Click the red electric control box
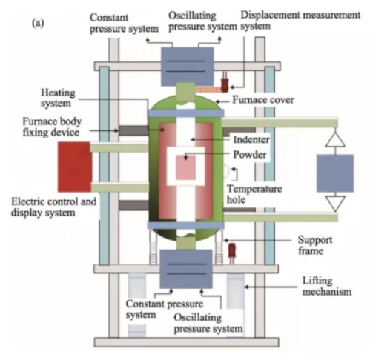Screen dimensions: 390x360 [74, 167]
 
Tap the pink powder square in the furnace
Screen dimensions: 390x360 [185, 167]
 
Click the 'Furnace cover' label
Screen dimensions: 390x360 [263, 100]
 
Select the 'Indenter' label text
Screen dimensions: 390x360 [251, 139]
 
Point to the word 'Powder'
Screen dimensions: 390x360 [250, 155]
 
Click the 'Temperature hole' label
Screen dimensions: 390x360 [254, 194]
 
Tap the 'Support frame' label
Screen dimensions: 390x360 [315, 245]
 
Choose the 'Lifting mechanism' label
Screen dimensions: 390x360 [327, 286]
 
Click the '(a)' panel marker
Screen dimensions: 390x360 [38, 23]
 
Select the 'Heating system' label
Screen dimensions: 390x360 [58, 98]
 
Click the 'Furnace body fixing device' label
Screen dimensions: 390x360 [52, 127]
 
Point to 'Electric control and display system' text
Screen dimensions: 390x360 [53, 207]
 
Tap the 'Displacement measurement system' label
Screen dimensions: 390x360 [300, 20]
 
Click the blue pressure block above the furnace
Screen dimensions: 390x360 [188, 67]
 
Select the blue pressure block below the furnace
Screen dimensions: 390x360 [186, 269]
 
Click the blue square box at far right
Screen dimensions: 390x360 [335, 173]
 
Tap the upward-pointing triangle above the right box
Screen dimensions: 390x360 [335, 139]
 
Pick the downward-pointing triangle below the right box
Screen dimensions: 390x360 [335, 204]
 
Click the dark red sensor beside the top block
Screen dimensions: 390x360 [225, 83]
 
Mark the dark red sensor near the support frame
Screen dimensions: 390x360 [232, 253]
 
